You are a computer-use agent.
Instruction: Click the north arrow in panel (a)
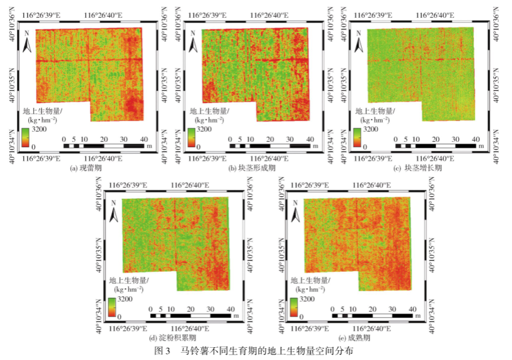click(27, 43)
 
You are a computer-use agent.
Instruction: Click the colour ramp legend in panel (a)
click(25, 139)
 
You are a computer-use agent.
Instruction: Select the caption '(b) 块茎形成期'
click(251, 168)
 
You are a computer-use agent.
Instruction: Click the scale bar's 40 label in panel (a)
click(143, 139)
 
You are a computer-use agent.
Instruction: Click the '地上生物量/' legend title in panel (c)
click(376, 111)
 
